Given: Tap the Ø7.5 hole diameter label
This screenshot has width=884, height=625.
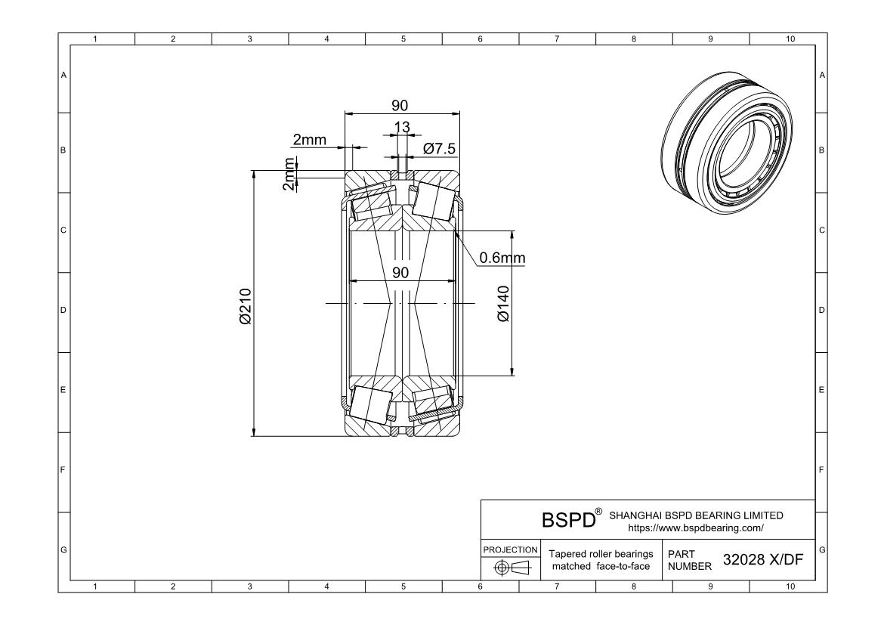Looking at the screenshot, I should click(x=440, y=149).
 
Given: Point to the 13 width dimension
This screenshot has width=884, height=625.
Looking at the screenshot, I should click(x=402, y=126).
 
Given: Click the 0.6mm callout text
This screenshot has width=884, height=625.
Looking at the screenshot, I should click(x=502, y=258).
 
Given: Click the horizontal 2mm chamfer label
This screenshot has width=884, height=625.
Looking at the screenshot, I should click(x=310, y=139).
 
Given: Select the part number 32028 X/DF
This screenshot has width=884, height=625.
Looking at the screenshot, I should click(x=762, y=559).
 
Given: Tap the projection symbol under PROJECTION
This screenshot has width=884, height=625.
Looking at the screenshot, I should click(x=511, y=568).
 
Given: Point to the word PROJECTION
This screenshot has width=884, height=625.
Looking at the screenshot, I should click(x=511, y=549).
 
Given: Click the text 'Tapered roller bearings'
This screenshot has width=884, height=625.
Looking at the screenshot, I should click(x=601, y=554).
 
